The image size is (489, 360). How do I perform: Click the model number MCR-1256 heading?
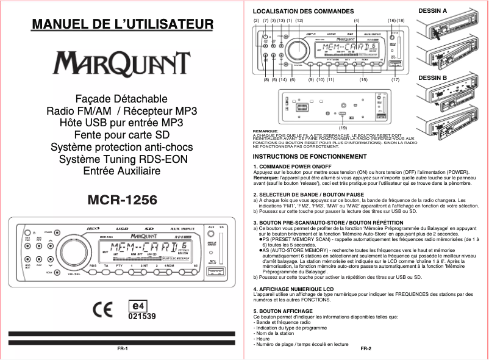click(123, 200)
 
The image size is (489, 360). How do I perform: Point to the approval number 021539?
click(141, 317)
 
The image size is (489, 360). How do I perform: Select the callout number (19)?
click(343, 128)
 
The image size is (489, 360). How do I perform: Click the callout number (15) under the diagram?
click(363, 80)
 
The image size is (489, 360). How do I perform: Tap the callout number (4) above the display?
click(357, 21)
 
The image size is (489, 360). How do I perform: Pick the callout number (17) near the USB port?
click(395, 80)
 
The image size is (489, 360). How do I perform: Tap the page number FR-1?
click(122, 348)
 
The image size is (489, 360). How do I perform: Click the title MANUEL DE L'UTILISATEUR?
click(123, 25)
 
